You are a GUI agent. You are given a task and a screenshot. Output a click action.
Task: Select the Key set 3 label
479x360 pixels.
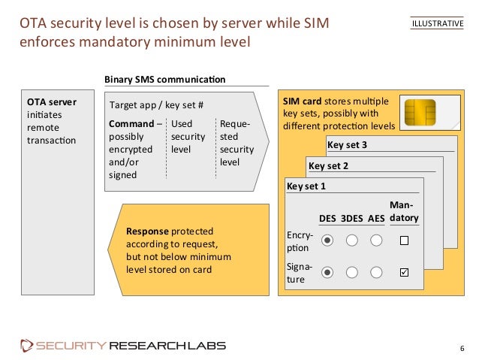347,144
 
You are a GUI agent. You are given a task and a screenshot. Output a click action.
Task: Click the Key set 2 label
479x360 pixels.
329,165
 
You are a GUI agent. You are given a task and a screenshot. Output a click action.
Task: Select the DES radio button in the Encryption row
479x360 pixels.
327,241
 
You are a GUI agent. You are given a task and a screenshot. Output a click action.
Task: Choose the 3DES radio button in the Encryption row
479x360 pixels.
352,241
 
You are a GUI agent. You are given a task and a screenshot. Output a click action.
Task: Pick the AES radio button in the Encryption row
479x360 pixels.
377,241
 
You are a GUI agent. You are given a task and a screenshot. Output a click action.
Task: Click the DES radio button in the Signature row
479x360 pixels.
327,272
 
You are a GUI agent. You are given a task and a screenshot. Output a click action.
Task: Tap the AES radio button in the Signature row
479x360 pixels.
377,272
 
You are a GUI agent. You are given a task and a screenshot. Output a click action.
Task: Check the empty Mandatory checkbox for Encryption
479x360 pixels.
404,241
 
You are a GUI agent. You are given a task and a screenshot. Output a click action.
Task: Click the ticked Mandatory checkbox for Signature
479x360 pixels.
404,272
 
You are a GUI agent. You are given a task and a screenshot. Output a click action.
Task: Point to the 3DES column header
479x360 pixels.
352,219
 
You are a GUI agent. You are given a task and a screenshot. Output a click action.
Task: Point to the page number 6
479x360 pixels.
462,347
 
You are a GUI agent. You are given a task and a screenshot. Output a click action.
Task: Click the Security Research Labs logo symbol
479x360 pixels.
27,346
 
